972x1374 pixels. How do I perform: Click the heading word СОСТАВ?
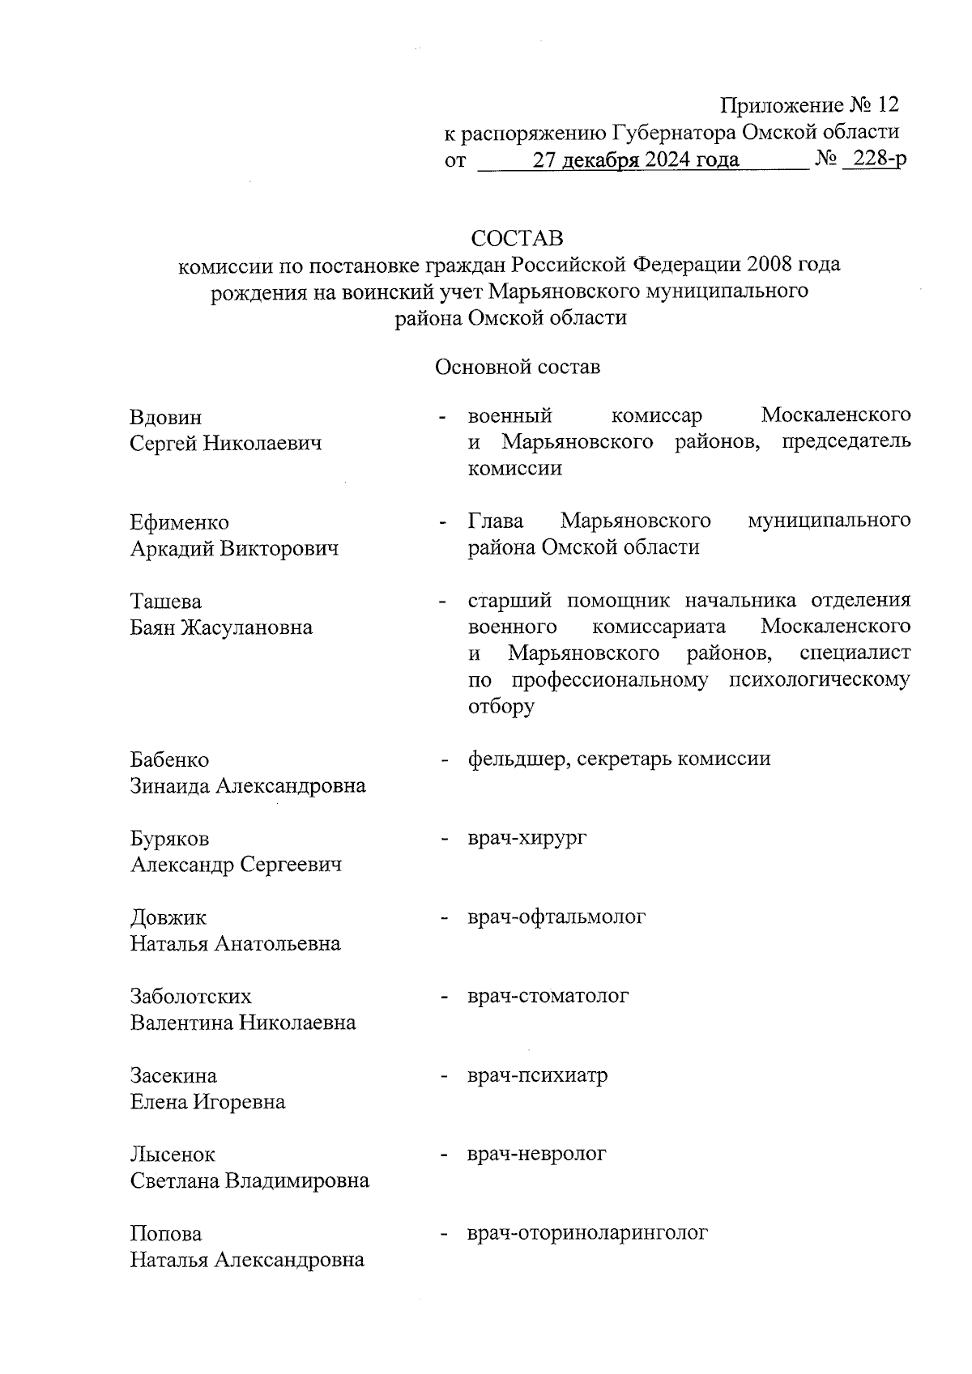tap(517, 239)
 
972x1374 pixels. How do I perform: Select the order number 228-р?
tap(875, 160)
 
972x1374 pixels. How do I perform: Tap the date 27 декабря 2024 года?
tap(635, 160)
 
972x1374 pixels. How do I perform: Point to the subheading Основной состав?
tap(518, 368)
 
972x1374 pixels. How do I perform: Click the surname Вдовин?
tap(166, 418)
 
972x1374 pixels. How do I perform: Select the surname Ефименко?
tap(180, 522)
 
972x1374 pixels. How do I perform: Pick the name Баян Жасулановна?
tap(221, 627)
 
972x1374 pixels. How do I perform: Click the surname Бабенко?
tap(169, 759)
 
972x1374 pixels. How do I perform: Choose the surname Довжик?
tap(168, 918)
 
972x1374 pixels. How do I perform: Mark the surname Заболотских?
tap(191, 997)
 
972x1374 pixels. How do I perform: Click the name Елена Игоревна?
tap(207, 1102)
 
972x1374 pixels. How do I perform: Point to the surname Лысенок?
tap(173, 1155)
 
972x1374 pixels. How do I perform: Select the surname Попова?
tap(166, 1234)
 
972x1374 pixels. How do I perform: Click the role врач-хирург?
tap(527, 837)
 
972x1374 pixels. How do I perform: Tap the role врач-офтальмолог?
tap(556, 917)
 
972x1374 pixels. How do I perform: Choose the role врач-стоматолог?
tap(548, 996)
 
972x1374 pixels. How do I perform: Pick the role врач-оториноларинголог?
tap(588, 1233)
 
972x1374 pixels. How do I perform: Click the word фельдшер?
tap(512, 759)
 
